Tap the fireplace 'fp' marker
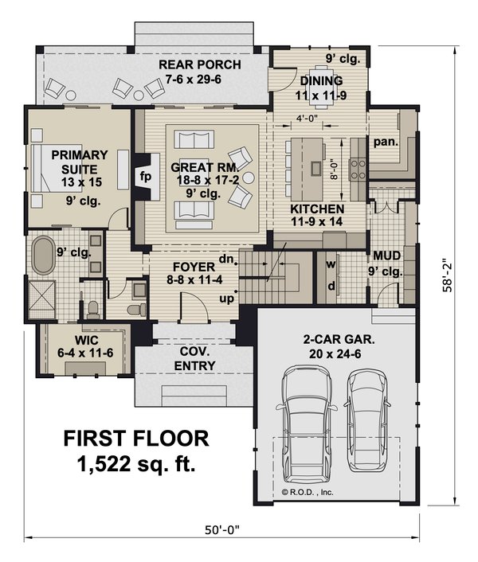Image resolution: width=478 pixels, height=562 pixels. [146, 176]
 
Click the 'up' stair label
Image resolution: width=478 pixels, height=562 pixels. [226, 299]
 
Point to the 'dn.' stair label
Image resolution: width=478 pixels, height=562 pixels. [225, 259]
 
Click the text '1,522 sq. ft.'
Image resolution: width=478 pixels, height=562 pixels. [136, 464]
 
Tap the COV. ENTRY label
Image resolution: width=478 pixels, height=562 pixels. [194, 359]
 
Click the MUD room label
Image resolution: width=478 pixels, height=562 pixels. [383, 256]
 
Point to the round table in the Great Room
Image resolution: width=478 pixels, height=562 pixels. [247, 176]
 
